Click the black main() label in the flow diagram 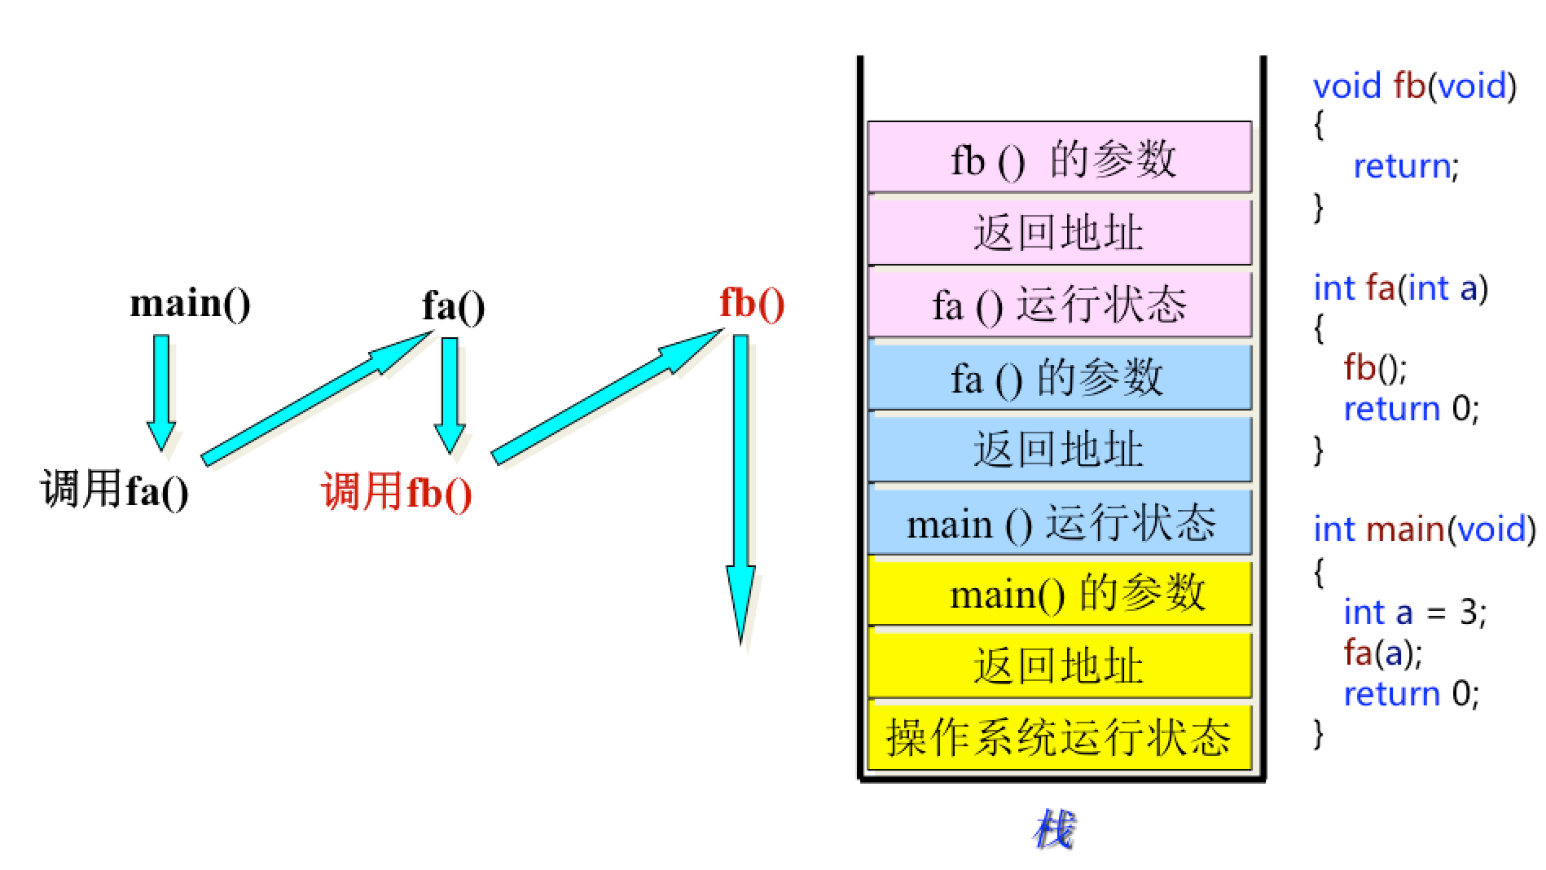pos(190,304)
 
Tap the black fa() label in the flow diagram pos(453,306)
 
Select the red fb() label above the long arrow pos(751,303)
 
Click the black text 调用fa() pos(115,490)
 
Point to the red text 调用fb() pos(397,492)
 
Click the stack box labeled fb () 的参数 pos(1059,158)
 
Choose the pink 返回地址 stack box pos(1059,232)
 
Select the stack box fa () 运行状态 pos(1059,305)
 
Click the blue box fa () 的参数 pos(1059,377)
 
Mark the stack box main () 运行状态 pos(1059,522)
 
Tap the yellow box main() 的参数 pos(1059,593)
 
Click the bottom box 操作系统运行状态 pos(1059,737)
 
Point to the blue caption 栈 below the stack pos(1054,829)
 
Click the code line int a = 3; pos(1414,612)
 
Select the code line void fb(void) pos(1414,86)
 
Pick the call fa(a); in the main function pos(1382,652)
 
